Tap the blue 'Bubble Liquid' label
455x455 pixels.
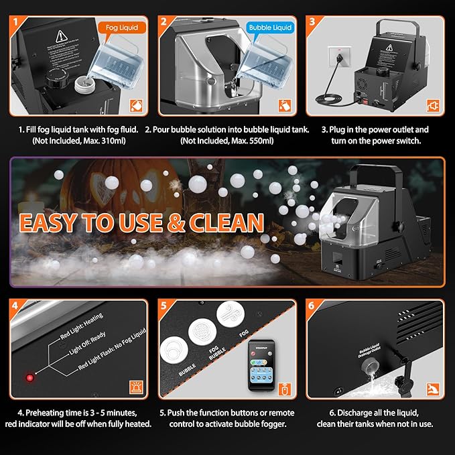pos(269,28)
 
